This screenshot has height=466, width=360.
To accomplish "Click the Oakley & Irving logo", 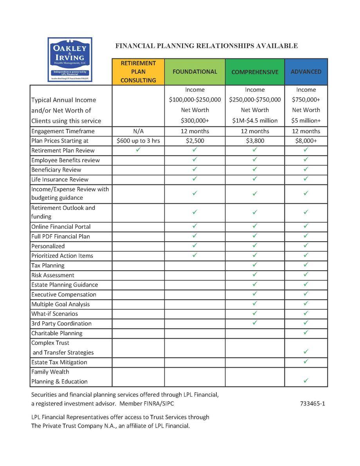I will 70,60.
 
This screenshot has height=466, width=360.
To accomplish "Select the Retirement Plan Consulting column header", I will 138,72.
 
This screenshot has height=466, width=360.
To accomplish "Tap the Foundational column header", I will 194,72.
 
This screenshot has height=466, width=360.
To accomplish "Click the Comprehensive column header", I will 255,72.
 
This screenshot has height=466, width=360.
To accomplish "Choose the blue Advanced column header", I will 306,72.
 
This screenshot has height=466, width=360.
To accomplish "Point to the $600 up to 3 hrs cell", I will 138,141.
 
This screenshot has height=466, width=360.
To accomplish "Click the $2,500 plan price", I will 194,141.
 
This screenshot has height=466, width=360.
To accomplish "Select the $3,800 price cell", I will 255,141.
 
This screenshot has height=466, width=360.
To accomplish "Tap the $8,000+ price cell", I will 306,141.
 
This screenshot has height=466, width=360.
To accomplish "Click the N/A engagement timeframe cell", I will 138,131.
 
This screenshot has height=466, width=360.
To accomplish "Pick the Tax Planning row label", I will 48,266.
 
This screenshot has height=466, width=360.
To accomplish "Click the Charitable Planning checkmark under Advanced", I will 306,332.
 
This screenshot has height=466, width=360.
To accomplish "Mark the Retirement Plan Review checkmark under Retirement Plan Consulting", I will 138,150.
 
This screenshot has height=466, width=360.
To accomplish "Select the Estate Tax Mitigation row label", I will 59,362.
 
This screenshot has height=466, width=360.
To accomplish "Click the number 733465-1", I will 312,403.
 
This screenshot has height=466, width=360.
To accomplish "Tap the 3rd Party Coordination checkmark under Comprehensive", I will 255,323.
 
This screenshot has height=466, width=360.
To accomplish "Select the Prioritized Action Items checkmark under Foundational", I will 194,255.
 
